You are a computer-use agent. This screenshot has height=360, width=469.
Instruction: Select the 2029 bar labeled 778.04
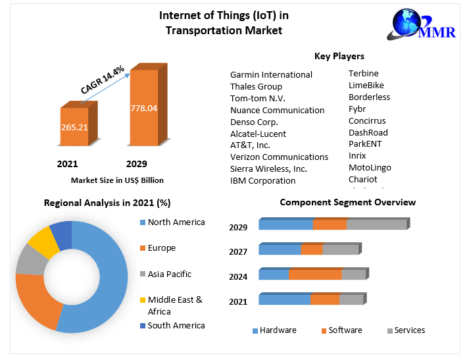[x=143, y=108]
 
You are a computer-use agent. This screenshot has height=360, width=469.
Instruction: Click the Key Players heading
[x=339, y=56]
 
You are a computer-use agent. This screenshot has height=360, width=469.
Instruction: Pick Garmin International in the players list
[x=271, y=74]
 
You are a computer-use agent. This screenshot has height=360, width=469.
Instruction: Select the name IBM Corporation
[x=262, y=180]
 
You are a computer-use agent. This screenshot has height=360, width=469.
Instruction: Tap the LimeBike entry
[x=366, y=85]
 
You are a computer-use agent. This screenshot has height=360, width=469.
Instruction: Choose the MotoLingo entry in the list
[x=370, y=167]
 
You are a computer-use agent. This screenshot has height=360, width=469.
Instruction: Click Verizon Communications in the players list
[x=279, y=157]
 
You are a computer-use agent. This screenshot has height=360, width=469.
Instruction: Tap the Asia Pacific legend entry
[x=168, y=274]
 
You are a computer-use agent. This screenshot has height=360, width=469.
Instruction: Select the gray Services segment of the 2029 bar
[x=376, y=224]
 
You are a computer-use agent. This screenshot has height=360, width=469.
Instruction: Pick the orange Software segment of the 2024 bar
[x=315, y=274]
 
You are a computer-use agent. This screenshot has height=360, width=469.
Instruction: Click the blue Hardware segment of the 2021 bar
[x=284, y=299]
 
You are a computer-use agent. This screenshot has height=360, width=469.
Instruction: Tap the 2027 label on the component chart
[x=238, y=251]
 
